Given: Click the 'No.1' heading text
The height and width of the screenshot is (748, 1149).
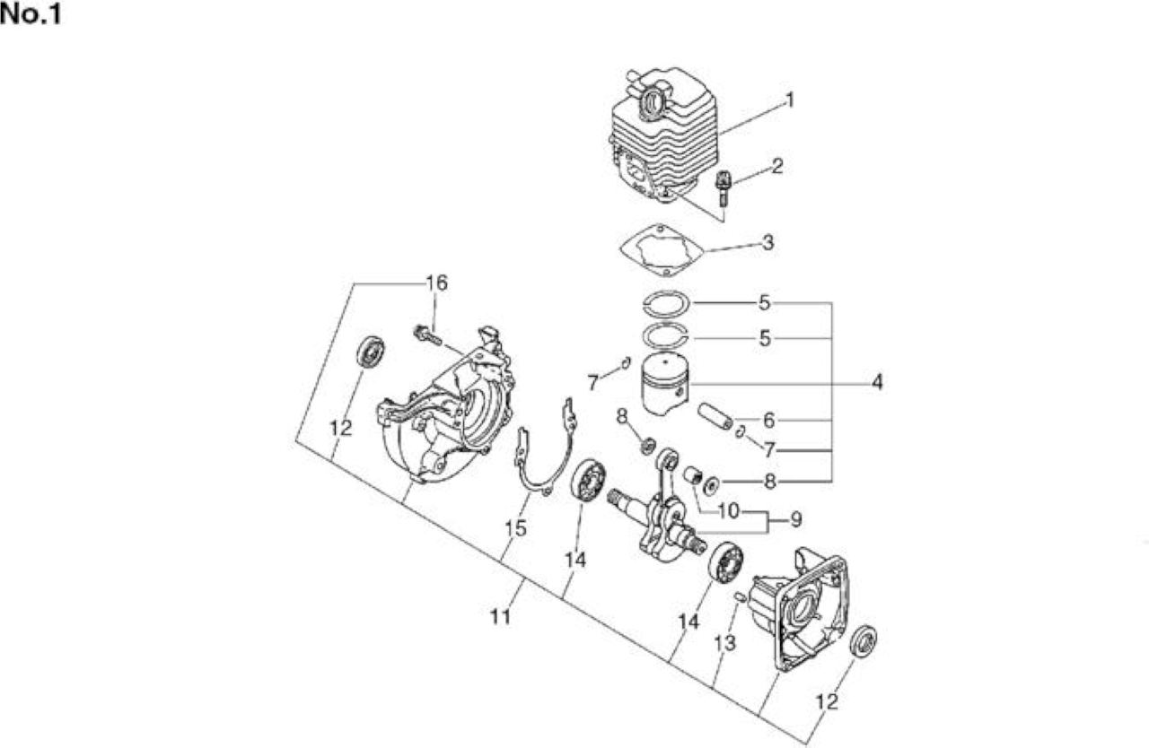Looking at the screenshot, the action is [31, 15].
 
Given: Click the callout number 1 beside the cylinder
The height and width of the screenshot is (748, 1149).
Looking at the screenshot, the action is [790, 100].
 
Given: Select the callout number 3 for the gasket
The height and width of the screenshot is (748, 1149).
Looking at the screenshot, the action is [767, 242].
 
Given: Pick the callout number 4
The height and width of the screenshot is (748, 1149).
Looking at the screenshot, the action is [877, 382].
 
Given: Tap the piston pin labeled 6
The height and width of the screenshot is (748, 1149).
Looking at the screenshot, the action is [714, 418].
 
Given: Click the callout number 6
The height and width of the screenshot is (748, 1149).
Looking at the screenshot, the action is [768, 420].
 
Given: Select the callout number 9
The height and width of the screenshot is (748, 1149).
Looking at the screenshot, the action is [795, 519].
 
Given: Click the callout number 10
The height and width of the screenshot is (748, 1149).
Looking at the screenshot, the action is [728, 510].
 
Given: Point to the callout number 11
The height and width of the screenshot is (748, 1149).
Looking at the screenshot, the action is [501, 617].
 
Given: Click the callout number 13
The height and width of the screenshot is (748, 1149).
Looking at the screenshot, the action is [724, 643].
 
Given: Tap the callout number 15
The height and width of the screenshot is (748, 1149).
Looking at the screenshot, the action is [515, 527].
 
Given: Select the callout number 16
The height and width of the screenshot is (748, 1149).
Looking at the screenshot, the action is [436, 283].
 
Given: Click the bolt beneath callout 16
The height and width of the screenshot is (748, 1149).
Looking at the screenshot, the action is [427, 335].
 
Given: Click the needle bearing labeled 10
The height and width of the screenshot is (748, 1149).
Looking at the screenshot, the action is [692, 475].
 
